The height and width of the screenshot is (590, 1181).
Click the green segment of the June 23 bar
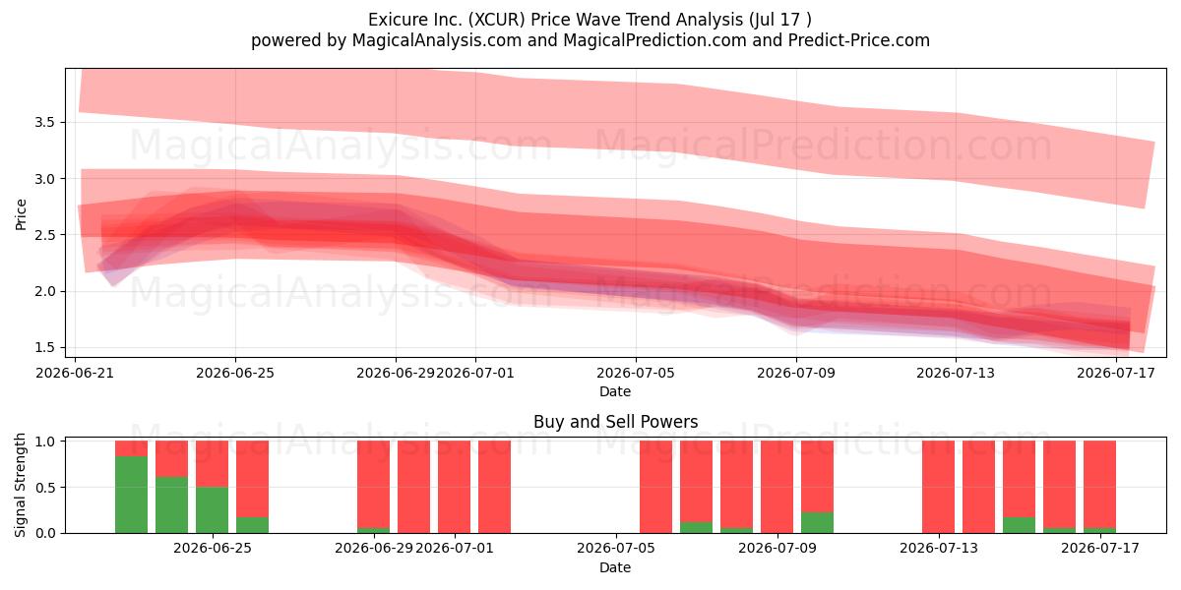131,494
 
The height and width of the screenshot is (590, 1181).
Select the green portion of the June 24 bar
171,504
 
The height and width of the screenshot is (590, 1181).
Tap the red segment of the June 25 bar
212,463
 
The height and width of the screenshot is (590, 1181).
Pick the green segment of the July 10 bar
817,522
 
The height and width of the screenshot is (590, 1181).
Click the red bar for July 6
655,487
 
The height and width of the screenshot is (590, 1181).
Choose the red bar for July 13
939,487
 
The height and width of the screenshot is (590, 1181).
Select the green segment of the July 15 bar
1020,525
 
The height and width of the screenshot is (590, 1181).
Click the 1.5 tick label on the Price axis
45,348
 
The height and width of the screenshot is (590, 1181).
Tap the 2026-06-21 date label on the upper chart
75,374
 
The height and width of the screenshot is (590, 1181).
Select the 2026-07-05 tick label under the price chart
636,374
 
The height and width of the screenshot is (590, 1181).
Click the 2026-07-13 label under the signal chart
939,549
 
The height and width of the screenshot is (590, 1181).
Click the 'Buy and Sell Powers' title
616,422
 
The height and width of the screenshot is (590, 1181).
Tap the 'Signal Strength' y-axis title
20,485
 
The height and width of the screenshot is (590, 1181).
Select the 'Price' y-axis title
21,215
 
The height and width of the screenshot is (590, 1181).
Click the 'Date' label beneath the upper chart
615,392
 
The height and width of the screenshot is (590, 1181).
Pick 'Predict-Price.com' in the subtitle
859,40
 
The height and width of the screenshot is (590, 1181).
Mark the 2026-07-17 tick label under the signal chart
1100,549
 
